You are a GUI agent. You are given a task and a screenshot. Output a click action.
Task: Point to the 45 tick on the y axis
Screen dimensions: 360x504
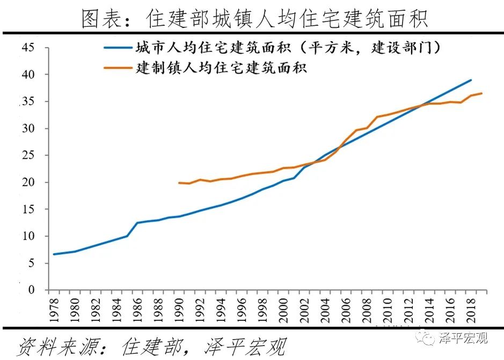(x=28, y=48)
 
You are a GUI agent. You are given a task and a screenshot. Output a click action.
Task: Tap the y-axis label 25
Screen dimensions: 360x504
(x=28, y=156)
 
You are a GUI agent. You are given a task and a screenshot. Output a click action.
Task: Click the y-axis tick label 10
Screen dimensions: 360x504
(x=28, y=236)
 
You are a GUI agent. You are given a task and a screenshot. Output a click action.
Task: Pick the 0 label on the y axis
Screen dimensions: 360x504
(x=31, y=290)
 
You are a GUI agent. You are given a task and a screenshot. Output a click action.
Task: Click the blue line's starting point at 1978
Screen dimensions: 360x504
(x=54, y=254)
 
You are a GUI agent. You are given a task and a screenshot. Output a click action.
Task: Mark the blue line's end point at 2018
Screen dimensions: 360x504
(x=471, y=80)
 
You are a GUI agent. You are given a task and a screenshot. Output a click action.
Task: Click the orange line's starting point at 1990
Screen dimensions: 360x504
(x=179, y=182)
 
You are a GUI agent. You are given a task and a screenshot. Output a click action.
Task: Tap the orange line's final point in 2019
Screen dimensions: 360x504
(x=481, y=93)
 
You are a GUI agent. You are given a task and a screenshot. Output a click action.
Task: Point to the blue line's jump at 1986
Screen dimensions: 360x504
(x=137, y=223)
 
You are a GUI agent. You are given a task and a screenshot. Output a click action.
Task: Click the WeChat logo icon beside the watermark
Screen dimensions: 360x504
(x=429, y=338)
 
